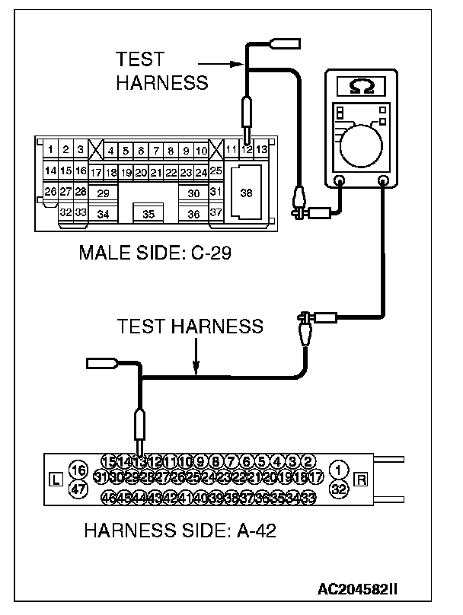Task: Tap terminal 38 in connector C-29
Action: [246, 193]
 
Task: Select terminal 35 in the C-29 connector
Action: [148, 214]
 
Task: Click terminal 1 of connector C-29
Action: [50, 150]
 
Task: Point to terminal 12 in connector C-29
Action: [247, 150]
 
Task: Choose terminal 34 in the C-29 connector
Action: [104, 214]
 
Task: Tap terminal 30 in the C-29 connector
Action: [193, 193]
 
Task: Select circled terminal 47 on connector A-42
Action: [77, 489]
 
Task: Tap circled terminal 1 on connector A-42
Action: [339, 470]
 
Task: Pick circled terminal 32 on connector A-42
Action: [339, 489]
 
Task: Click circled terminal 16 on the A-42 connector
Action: [77, 469]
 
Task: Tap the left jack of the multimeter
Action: [340, 181]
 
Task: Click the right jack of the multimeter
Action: [384, 181]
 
